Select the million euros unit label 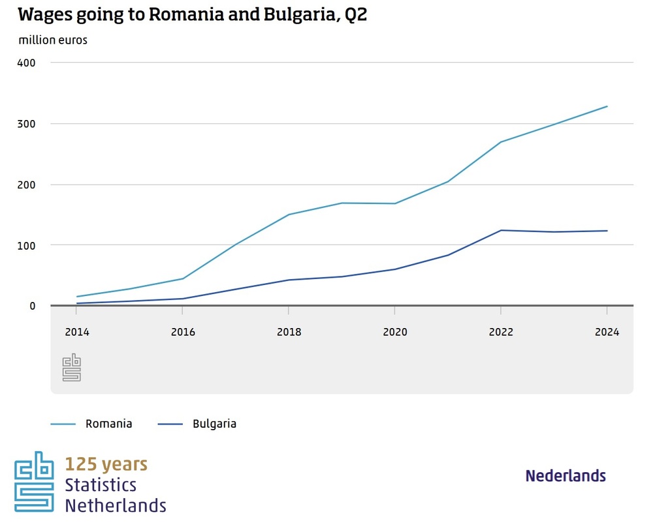53,40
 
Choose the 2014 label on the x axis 76,332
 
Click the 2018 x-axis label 289,332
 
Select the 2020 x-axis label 394,332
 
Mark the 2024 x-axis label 607,332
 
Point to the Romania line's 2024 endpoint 607,106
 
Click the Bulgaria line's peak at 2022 501,230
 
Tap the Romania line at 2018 289,215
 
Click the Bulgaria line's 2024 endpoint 607,231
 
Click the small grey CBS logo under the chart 71,368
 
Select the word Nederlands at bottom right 565,476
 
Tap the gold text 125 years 106,464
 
